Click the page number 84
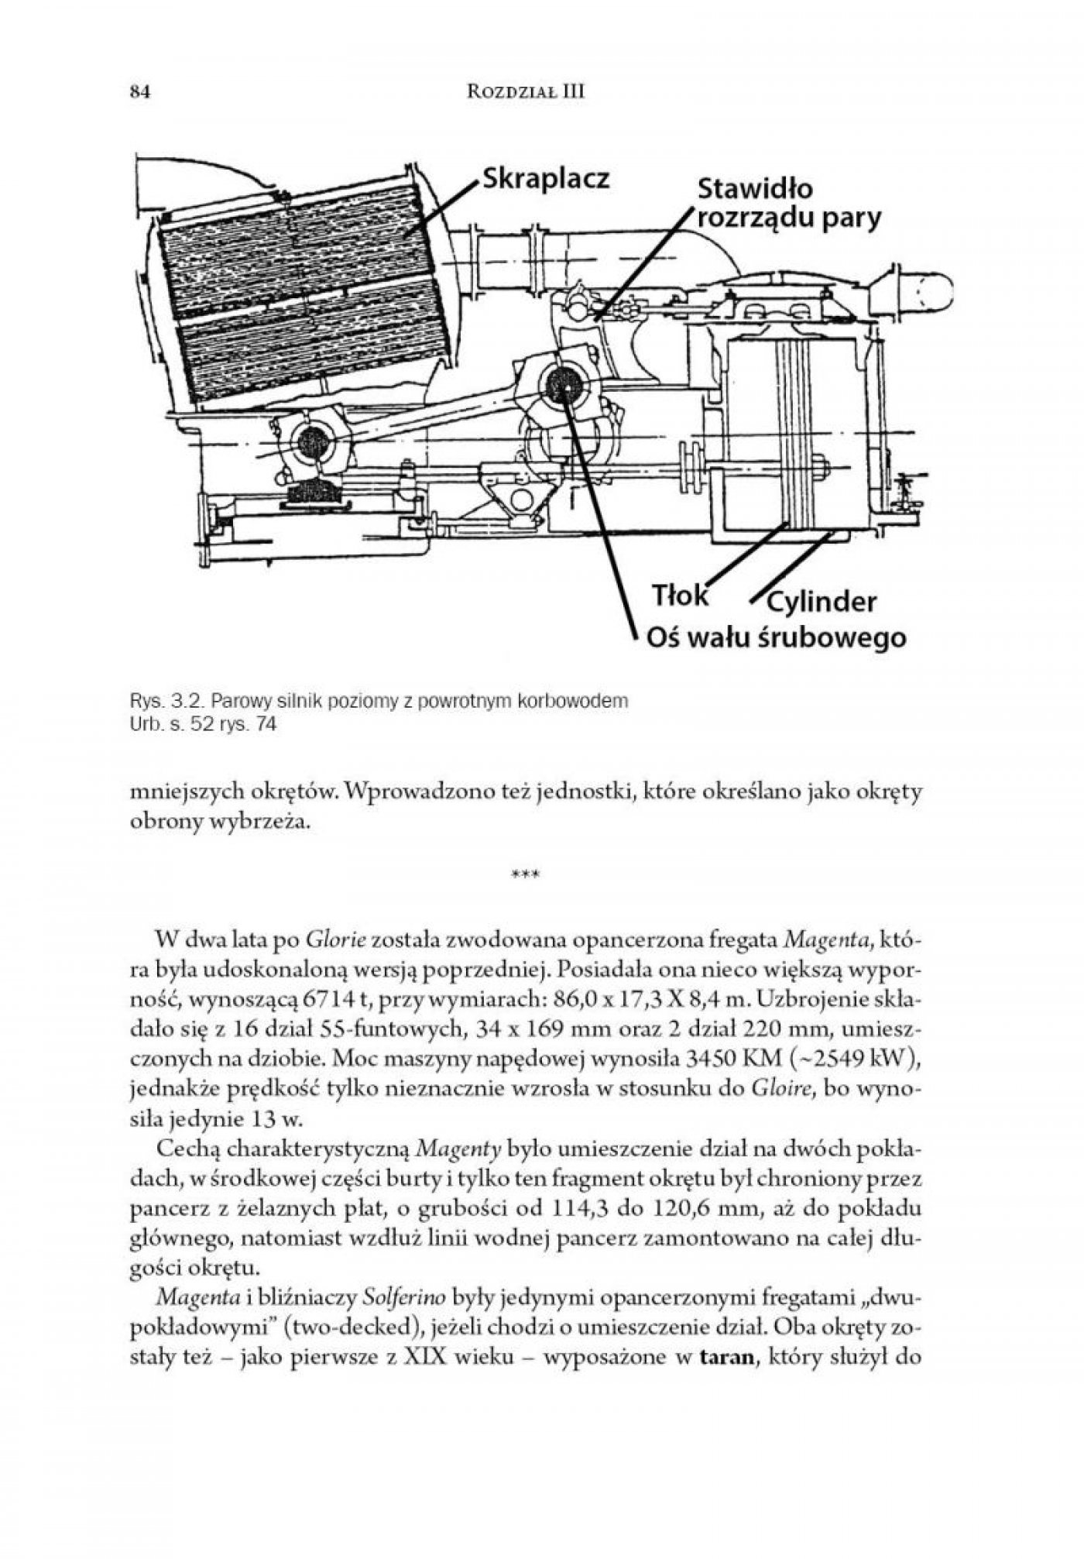click(139, 92)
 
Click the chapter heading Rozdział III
click(527, 92)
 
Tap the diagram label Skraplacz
click(546, 178)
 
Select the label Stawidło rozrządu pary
click(788, 204)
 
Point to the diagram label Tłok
click(680, 596)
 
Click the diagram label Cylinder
click(822, 602)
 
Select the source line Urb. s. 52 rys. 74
click(203, 726)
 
